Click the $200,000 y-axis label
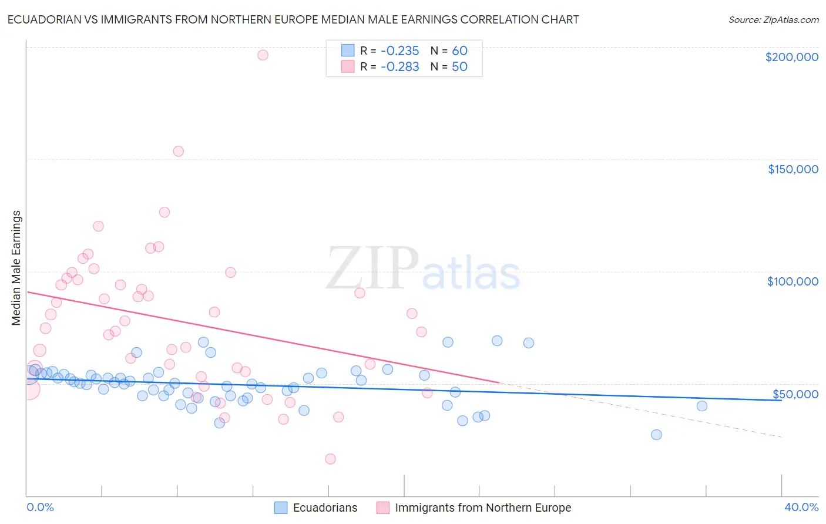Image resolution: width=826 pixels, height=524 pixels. pos(791,57)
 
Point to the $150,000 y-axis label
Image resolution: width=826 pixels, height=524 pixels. pos(793,169)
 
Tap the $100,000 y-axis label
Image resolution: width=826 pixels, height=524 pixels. pos(793,281)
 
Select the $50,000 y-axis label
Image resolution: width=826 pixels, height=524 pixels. pos(795,394)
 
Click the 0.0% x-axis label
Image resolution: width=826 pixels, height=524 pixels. pos(40,507)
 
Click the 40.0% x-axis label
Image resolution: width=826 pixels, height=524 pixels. pos(801,507)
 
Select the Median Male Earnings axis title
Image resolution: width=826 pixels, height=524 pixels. pos(16,268)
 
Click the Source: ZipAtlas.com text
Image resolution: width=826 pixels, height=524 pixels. pos(773,20)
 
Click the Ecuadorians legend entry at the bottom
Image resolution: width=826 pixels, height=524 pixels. pos(325,508)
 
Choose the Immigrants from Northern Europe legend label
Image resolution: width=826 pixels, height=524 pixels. pos(483,508)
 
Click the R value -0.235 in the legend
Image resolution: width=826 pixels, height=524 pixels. pos(399,51)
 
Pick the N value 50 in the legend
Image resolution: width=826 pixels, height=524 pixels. pos(459,67)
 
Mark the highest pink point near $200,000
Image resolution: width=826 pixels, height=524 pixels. pos(263,55)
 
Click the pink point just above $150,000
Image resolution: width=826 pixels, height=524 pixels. pos(178,151)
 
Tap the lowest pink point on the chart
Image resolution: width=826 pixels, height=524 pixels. pos(330,459)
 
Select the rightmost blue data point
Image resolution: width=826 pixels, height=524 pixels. pos(701,406)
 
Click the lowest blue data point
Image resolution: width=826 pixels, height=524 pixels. pos(656,435)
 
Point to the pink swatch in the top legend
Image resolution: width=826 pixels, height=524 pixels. pos(348,66)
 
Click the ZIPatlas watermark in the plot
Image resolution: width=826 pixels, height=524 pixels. pos(423,269)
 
